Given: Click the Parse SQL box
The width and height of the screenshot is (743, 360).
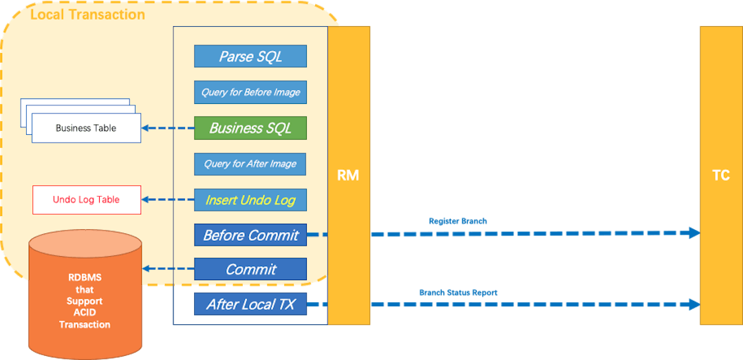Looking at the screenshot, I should [x=250, y=56].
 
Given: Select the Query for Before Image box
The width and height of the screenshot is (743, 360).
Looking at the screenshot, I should [x=250, y=92].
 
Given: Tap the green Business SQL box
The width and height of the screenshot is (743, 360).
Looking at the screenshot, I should [x=250, y=128].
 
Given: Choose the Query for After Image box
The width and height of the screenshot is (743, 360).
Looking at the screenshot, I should [x=250, y=164].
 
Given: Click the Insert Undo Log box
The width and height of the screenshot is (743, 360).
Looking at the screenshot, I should [x=250, y=200].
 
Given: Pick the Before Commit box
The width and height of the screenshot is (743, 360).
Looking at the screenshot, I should [x=250, y=235].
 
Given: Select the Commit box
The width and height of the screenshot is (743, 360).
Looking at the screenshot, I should [x=250, y=269].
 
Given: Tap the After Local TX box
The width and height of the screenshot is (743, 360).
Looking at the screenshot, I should [x=250, y=304].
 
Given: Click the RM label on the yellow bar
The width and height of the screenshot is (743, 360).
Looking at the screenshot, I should [x=348, y=176].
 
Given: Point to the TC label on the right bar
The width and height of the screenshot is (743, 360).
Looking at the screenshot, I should [x=720, y=176].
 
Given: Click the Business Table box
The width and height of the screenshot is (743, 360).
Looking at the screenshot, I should [x=86, y=128].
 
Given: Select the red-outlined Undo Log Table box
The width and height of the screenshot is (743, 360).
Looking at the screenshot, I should [x=86, y=200].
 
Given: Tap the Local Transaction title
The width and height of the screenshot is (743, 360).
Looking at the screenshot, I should [x=87, y=14].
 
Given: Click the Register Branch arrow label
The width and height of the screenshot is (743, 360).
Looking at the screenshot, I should [x=457, y=221].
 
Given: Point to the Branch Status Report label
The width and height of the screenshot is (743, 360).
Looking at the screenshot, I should [x=457, y=293].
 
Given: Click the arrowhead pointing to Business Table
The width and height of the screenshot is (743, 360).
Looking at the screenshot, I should [x=147, y=128].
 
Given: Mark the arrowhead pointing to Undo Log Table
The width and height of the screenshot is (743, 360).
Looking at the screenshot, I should [x=147, y=200].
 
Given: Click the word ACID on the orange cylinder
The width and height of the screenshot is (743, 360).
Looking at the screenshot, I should [x=85, y=313].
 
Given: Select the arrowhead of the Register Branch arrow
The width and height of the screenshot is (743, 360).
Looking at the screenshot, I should [x=691, y=233].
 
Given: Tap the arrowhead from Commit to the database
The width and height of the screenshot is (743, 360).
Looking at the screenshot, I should [x=147, y=269].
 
